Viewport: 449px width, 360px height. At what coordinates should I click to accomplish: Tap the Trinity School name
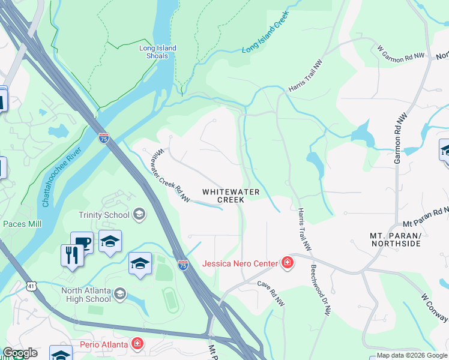(x=104, y=215)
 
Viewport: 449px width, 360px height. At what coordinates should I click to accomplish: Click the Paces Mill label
(x=22, y=224)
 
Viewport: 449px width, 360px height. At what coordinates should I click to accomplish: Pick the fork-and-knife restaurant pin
(x=72, y=256)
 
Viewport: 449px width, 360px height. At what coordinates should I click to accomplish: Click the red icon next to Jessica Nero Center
(x=288, y=263)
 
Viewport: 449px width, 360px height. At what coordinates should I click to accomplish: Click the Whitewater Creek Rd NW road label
(x=170, y=176)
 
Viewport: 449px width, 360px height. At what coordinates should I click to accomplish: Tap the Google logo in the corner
(x=20, y=353)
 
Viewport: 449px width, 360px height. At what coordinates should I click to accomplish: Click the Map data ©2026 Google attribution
(x=411, y=355)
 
